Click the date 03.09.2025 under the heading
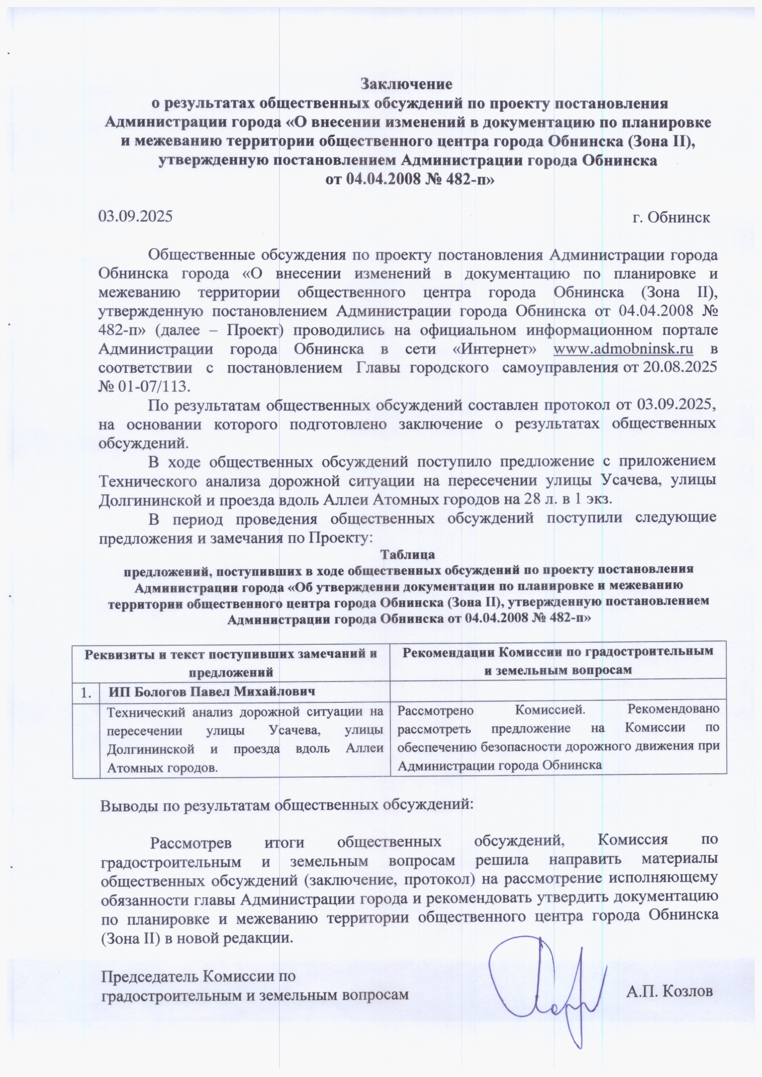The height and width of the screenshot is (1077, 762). [x=135, y=217]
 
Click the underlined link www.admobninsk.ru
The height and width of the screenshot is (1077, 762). [x=623, y=349]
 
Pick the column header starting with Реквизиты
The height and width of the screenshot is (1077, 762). [x=231, y=661]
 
